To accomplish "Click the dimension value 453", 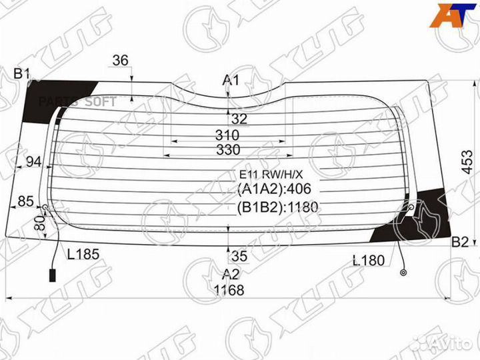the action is pyautogui.click(x=467, y=162).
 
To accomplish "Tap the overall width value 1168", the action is pyautogui.click(x=229, y=290).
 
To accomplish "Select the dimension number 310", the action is pyautogui.click(x=227, y=135).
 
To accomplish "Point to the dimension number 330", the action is pyautogui.click(x=228, y=150).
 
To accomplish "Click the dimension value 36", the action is pyautogui.click(x=120, y=60).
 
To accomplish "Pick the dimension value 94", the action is pyautogui.click(x=34, y=161).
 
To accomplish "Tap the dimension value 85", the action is pyautogui.click(x=25, y=201).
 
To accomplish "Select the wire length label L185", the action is pyautogui.click(x=83, y=254).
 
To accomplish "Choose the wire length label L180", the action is pyautogui.click(x=369, y=261).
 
